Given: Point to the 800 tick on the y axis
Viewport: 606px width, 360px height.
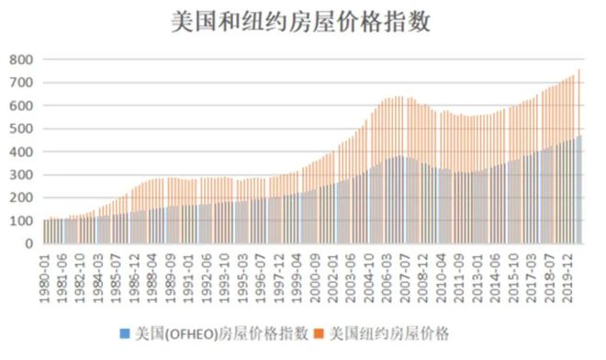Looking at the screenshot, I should pos(21,60).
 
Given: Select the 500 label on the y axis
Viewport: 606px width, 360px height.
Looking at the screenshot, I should pos(21,129).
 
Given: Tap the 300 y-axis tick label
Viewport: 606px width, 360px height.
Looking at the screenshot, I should pos(21,174).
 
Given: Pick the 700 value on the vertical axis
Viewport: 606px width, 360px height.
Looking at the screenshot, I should pos(21,83).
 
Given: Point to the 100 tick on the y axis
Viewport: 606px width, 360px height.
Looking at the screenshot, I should pos(21,220).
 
